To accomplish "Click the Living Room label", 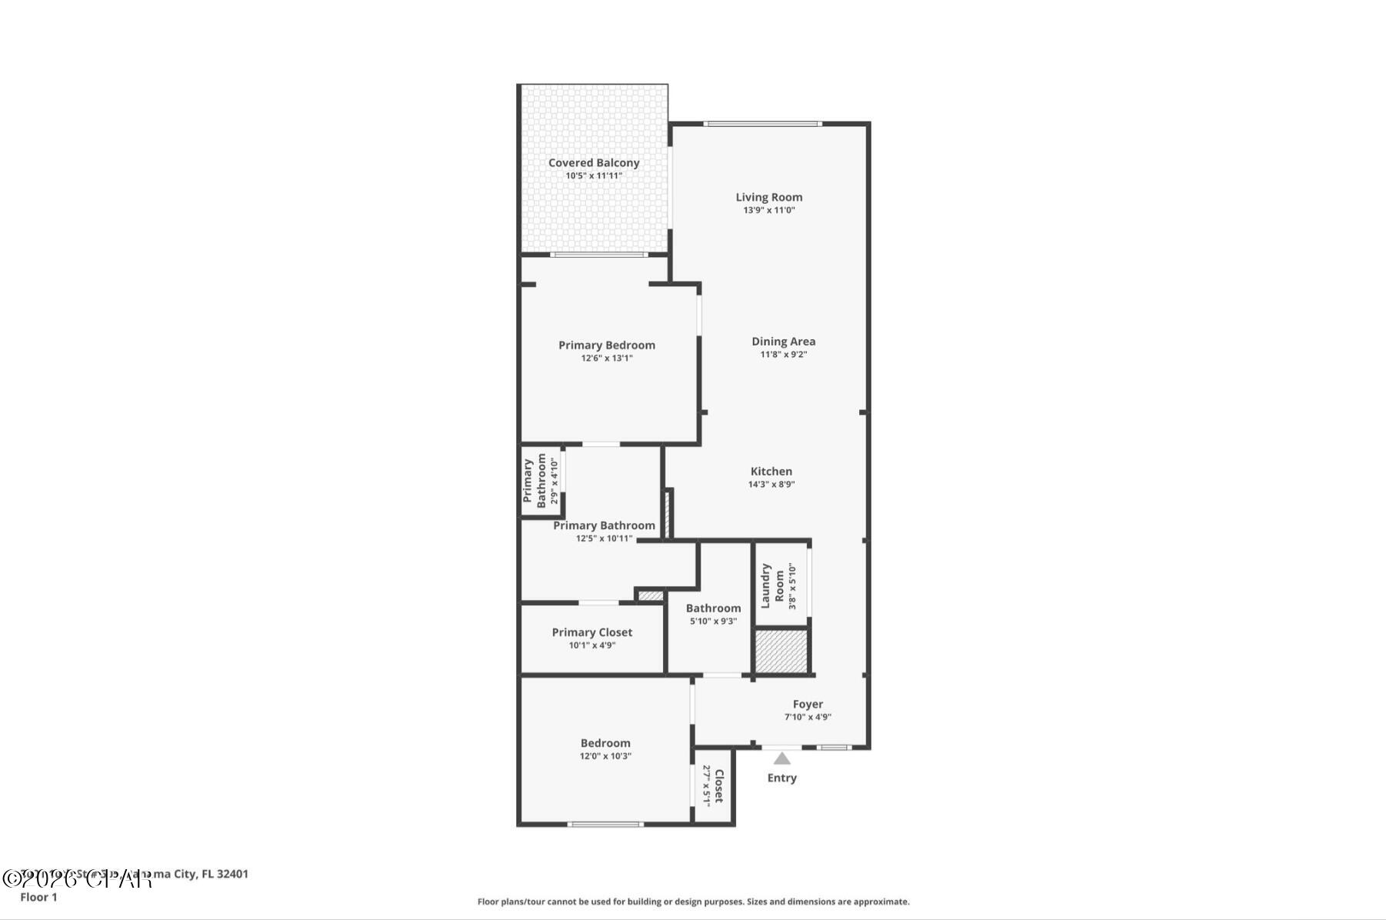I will coord(768,198).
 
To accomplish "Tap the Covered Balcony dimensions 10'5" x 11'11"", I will coord(594,176).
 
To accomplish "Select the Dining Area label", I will coord(783,342).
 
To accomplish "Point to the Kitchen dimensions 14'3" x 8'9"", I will coord(771,485).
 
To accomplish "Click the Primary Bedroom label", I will coord(606,345).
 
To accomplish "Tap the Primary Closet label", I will coord(591,632).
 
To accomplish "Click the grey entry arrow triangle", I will coord(781,758).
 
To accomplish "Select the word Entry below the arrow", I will coord(781,778).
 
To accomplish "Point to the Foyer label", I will coord(808,705).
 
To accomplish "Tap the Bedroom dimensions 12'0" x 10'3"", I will coord(605,756).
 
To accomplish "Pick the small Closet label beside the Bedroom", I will coord(718,785).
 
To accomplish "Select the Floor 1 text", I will coord(38,897).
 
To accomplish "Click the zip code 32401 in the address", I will coord(232,874).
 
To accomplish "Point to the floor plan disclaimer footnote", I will coord(693,902).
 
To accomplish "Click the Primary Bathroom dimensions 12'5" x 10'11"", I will coord(604,538).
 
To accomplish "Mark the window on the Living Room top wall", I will coord(762,123).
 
